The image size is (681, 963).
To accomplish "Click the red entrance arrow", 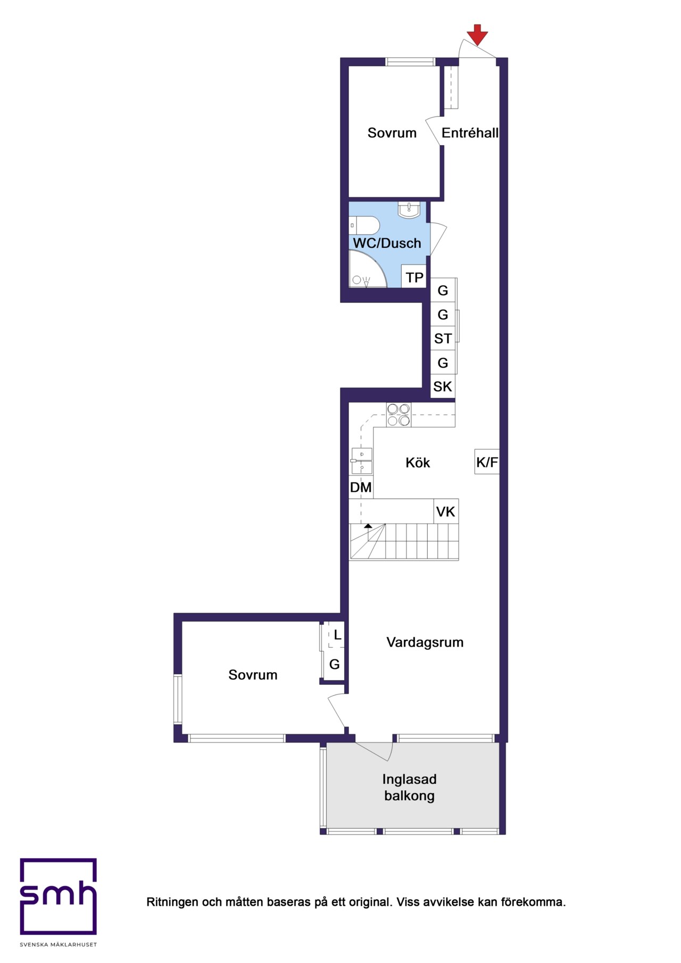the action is tap(477, 35).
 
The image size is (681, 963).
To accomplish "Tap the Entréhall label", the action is tap(470, 133).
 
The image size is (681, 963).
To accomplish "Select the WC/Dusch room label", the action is tap(387, 243).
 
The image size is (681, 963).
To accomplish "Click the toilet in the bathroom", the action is tap(364, 225).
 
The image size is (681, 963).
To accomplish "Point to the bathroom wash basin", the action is tap(409, 210).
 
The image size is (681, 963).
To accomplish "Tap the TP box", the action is tap(414, 277).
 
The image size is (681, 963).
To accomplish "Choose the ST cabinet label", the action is tap(443, 338).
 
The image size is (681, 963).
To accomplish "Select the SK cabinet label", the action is tap(443, 387).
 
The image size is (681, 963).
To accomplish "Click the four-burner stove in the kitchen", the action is tap(398, 415).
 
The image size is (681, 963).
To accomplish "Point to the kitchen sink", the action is tap(361, 460).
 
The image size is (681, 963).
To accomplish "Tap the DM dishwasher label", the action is tap(361, 487).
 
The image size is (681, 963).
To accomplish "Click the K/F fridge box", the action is tap(487, 462).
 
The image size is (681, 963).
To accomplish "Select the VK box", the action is tap(446, 512).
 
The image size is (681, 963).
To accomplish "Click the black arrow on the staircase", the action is tap(368, 525).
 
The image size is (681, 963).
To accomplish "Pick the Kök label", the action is tap(418, 463).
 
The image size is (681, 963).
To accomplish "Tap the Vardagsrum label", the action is tap(425, 642).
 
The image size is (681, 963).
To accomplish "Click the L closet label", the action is tap(337, 635).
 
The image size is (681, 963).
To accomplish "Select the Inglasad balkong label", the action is tap(410, 788).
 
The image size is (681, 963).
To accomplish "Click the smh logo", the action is tap(59, 897).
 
